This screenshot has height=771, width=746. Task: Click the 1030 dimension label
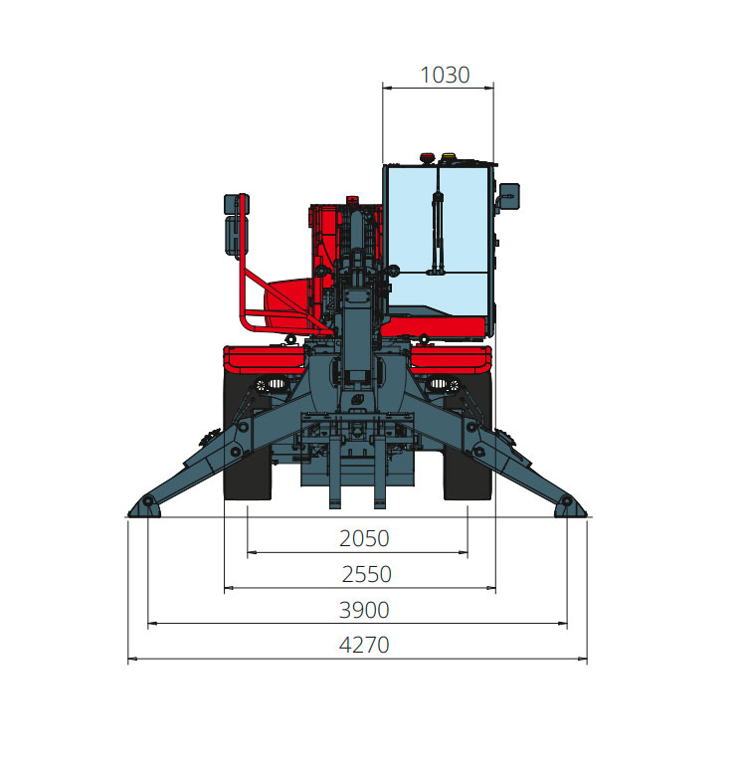coord(445,75)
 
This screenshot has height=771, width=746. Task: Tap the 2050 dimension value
coord(364,538)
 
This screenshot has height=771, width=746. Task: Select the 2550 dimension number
coord(366,574)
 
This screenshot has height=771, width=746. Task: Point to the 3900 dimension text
coord(364,610)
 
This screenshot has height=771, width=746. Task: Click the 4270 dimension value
coord(364,645)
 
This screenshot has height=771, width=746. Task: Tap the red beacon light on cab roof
coord(427,158)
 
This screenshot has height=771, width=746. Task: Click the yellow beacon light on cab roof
coord(448,158)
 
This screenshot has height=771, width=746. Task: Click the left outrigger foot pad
coord(144,508)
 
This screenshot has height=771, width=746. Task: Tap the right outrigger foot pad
coord(571,508)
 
